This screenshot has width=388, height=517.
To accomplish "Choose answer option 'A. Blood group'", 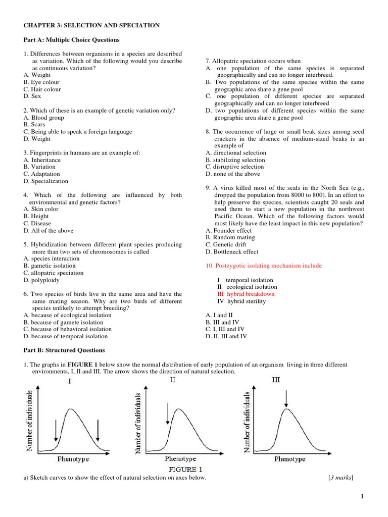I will [43, 118].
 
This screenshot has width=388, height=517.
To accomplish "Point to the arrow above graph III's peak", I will [286, 399].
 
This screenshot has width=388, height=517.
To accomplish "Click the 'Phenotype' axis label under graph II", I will [180, 459].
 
